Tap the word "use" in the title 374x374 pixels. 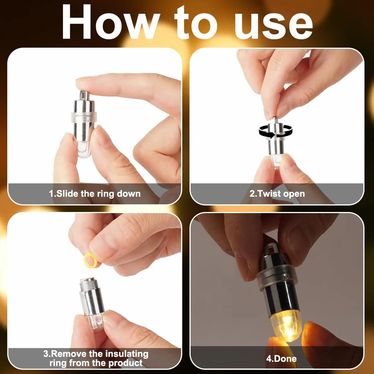[x=273, y=25]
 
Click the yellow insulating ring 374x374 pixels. [x=90, y=260]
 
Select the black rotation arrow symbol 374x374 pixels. [x=276, y=132]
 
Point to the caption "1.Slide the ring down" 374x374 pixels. [x=95, y=193]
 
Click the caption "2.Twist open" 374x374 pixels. [x=277, y=193]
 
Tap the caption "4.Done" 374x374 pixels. [x=281, y=358]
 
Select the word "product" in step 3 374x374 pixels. [x=125, y=363]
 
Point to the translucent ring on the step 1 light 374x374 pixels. [x=84, y=117]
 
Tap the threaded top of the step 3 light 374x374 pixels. [x=89, y=284]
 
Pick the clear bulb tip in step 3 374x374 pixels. [x=95, y=323]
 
